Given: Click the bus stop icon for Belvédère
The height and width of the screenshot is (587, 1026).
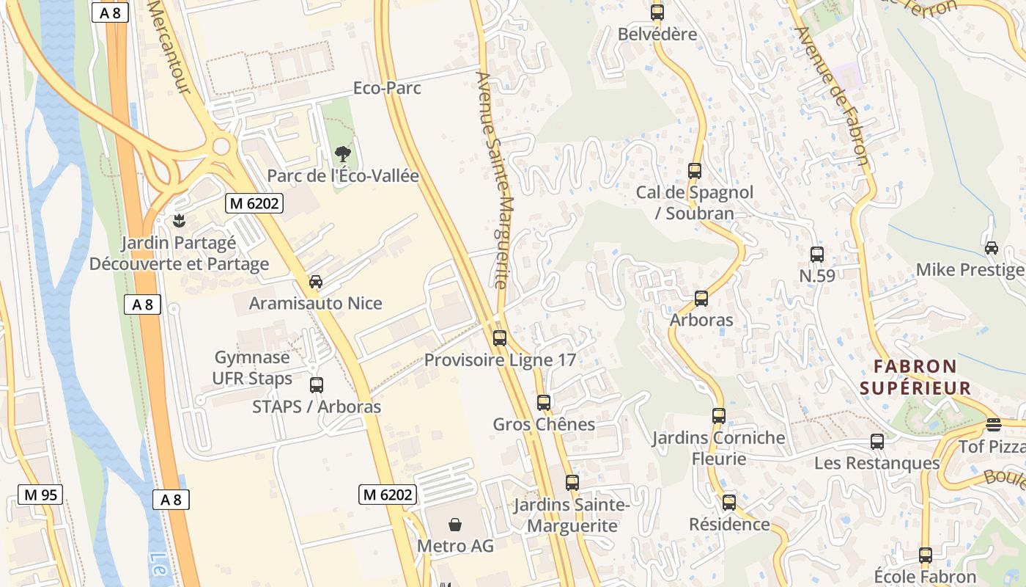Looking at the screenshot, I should (657, 12).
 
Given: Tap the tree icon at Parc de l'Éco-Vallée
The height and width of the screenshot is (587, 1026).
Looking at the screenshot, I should (342, 154).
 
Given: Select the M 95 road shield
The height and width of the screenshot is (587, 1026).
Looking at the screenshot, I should (40, 495).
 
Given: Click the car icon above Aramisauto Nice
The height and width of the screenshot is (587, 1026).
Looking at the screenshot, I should (316, 282).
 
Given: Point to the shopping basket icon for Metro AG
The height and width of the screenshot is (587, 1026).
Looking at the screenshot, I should (455, 525).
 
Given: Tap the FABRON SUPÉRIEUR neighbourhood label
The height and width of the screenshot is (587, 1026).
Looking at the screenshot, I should (915, 377).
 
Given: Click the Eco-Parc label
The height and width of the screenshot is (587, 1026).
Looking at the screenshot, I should (387, 88).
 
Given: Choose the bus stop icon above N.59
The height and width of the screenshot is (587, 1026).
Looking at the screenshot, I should (817, 255).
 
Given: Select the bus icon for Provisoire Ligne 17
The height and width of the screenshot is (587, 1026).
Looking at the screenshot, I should (500, 338).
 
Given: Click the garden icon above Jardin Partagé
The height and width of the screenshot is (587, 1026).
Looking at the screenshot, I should (178, 220).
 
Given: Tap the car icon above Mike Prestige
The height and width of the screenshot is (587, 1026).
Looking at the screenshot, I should (992, 248).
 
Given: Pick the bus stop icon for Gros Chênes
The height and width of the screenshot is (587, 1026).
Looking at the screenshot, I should (544, 403).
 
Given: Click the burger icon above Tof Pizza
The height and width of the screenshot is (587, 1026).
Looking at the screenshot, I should (993, 425).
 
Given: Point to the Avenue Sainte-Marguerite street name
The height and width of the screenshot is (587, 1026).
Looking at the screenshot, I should (492, 180).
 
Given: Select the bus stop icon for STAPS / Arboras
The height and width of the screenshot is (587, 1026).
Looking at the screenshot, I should (317, 385).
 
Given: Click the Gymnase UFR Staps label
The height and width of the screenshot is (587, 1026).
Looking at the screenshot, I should (253, 368).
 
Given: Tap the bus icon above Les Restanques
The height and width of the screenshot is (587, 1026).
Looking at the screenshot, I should (877, 442).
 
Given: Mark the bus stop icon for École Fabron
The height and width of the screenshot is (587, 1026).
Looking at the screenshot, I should (926, 555).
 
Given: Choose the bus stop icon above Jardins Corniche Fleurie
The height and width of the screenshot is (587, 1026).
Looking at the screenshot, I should (719, 416).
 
